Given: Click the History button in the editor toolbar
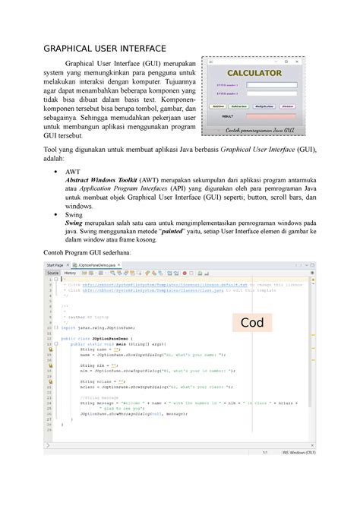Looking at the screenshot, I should [x=71, y=272].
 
